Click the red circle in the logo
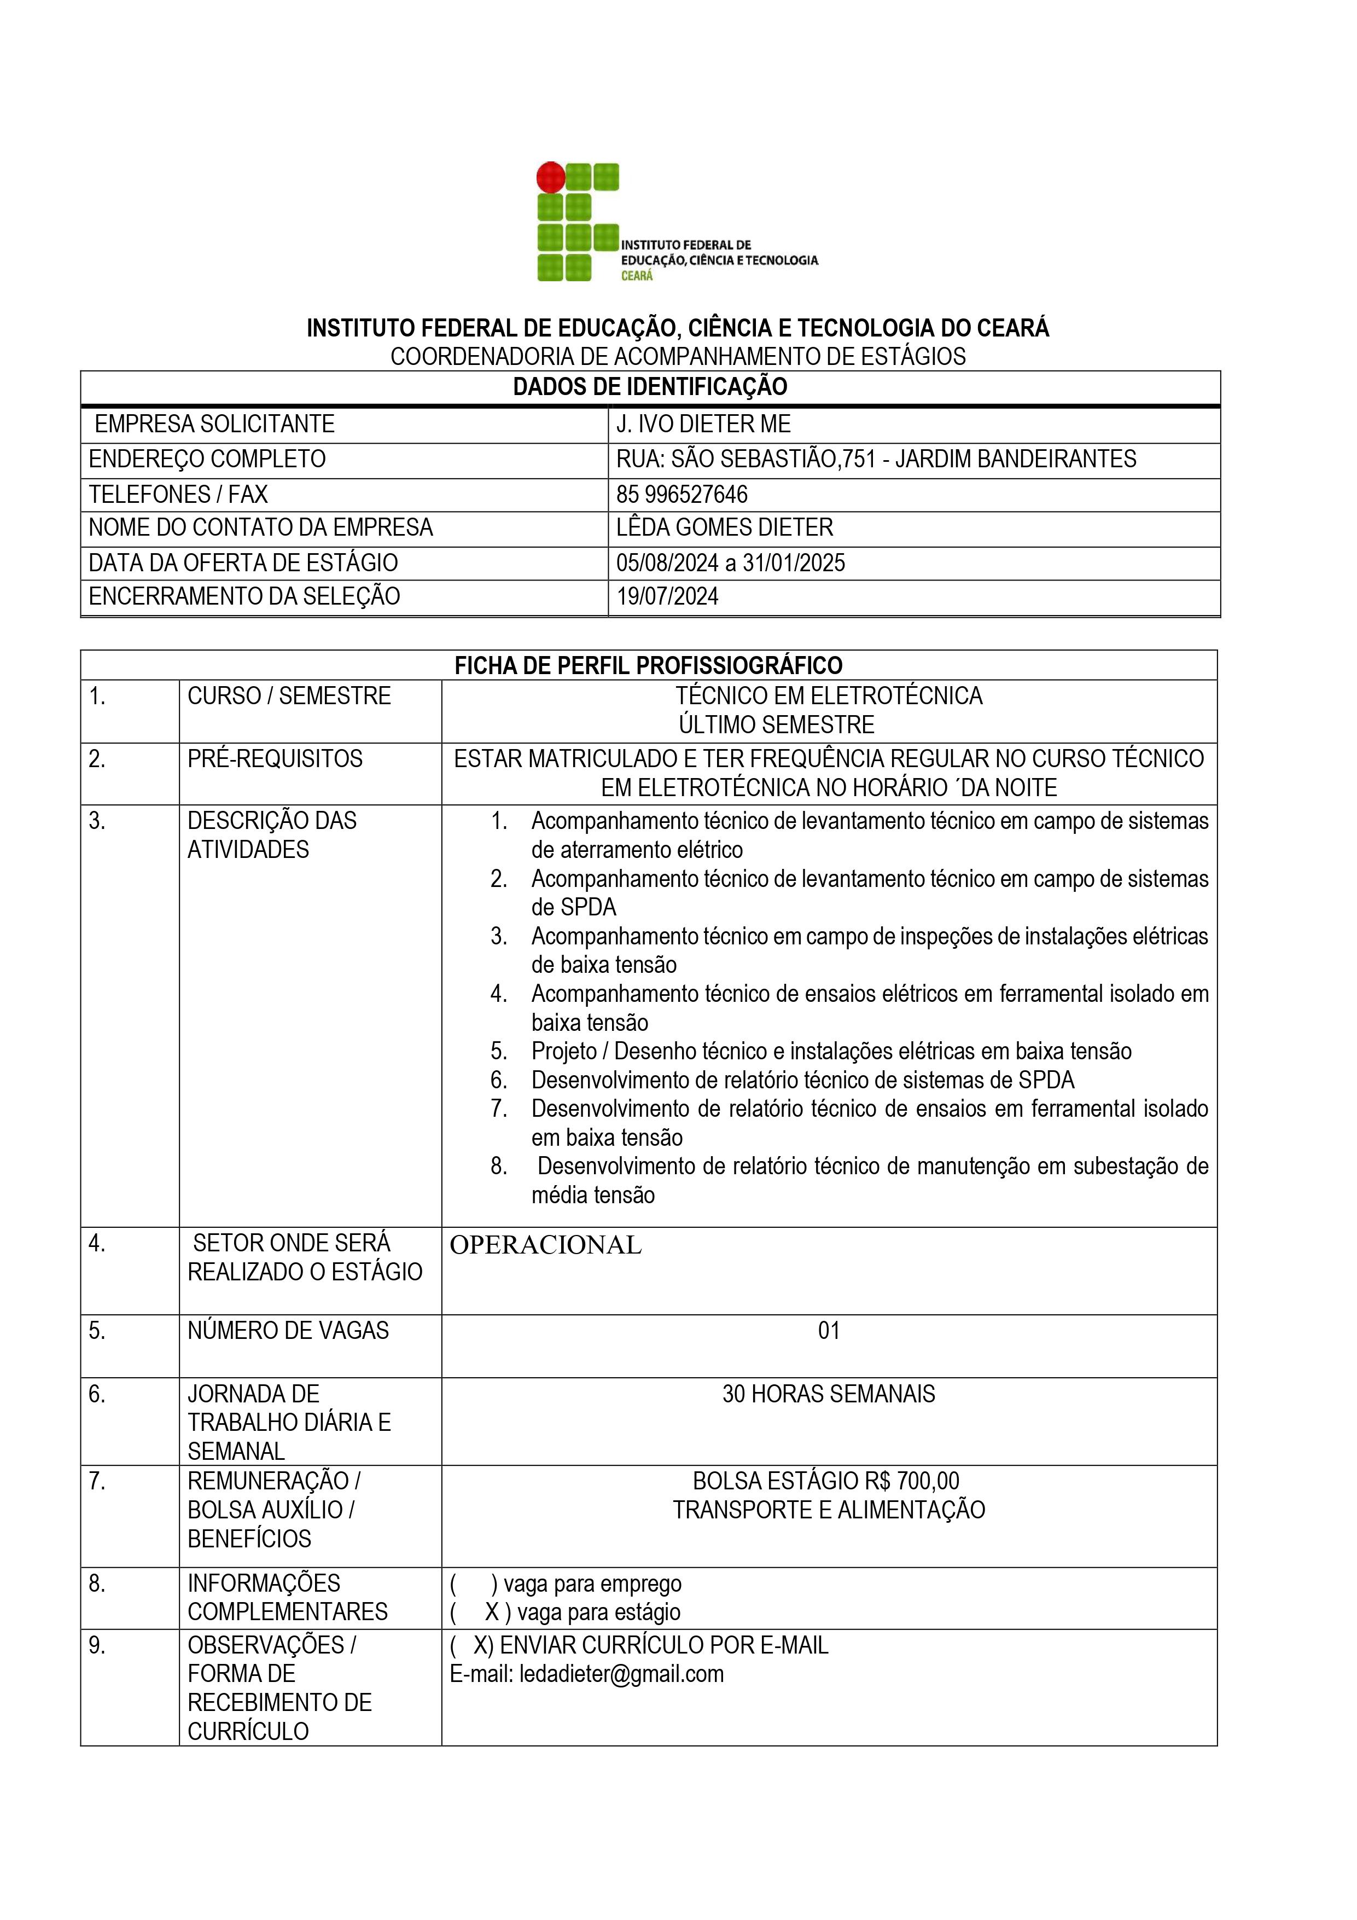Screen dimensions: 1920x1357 pyautogui.click(x=550, y=177)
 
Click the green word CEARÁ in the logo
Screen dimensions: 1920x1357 pyautogui.click(x=637, y=276)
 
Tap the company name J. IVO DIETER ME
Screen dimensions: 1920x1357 pyautogui.click(x=703, y=424)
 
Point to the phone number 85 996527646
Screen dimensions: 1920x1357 pyautogui.click(x=682, y=494)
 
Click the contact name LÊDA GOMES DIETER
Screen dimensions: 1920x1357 pyautogui.click(x=724, y=527)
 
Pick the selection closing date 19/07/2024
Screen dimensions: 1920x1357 pyautogui.click(x=667, y=596)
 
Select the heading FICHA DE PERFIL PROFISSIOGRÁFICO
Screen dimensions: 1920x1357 pyautogui.click(x=648, y=666)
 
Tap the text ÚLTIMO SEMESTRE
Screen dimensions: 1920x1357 pyautogui.click(x=776, y=724)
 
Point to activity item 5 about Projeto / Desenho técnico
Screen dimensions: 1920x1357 pyautogui.click(x=831, y=1051)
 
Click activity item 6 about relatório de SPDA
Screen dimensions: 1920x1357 pyautogui.click(x=803, y=1080)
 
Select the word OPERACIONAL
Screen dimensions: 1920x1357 pyautogui.click(x=545, y=1245)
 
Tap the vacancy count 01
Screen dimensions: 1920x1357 pyautogui.click(x=829, y=1331)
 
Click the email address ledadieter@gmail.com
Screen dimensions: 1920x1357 pyautogui.click(x=621, y=1673)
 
